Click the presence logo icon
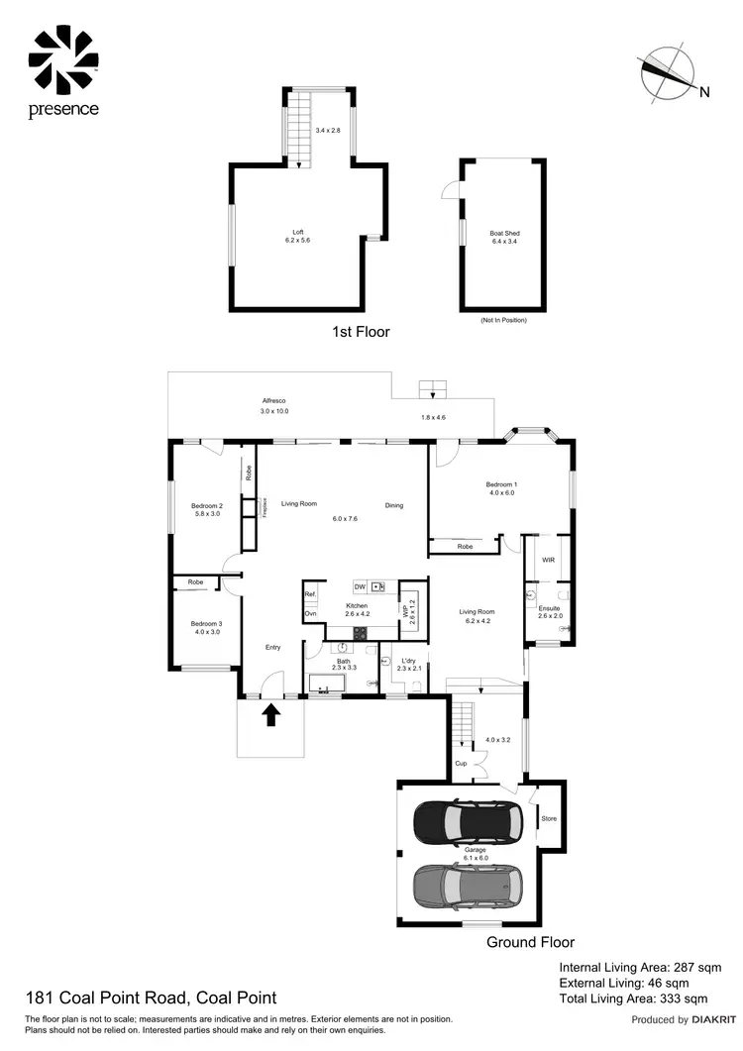(63, 57)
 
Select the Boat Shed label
(504, 234)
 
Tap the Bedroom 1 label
(501, 484)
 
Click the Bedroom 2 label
(207, 506)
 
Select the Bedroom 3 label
(207, 623)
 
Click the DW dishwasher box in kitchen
(359, 587)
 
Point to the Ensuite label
(549, 608)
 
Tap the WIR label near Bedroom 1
(549, 561)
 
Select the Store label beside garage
(549, 818)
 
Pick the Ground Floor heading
(530, 942)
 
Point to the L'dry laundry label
(409, 661)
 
